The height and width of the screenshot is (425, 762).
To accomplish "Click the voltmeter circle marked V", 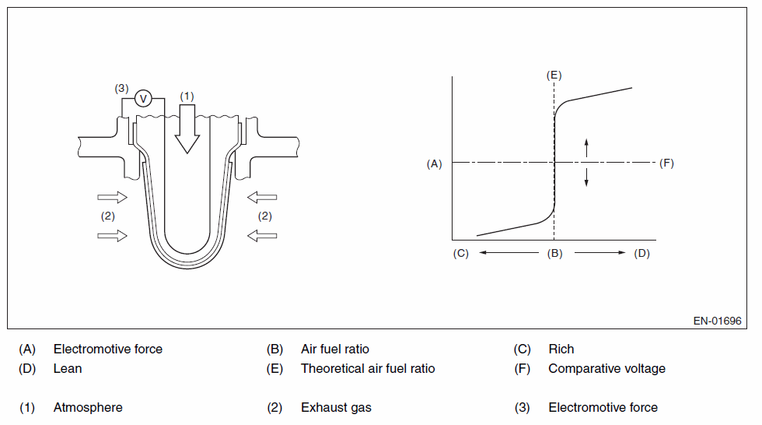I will coord(142,98).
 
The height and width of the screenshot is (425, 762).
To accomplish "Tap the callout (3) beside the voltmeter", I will coord(121,89).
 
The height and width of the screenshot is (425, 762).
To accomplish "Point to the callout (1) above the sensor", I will coord(187,96).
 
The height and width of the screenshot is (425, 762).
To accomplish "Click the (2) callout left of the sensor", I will coord(108,216).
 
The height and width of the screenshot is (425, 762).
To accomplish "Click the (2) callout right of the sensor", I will coord(265,216).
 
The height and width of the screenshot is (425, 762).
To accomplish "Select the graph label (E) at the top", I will coord(554,75).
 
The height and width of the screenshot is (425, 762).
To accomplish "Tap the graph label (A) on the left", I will coord(434,163).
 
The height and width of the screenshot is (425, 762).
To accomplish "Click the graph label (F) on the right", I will coord(666,163).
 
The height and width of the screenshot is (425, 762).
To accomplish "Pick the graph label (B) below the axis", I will coord(554,254).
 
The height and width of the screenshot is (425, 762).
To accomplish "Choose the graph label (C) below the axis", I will coord(461,254).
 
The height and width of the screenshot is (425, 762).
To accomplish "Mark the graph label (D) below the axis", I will coord(641,254).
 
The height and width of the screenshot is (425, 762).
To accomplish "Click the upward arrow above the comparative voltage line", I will coord(586,147).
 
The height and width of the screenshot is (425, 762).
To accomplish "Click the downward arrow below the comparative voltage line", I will coord(586,177).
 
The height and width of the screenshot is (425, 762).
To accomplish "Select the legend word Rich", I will coord(561,349).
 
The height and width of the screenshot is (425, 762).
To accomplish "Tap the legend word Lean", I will coord(68,368).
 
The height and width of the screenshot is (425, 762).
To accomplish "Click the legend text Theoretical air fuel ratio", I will coord(368,368).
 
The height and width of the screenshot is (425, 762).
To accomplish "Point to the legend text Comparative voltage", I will coord(606,368).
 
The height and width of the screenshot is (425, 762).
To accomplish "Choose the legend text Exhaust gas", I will coord(336,407).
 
